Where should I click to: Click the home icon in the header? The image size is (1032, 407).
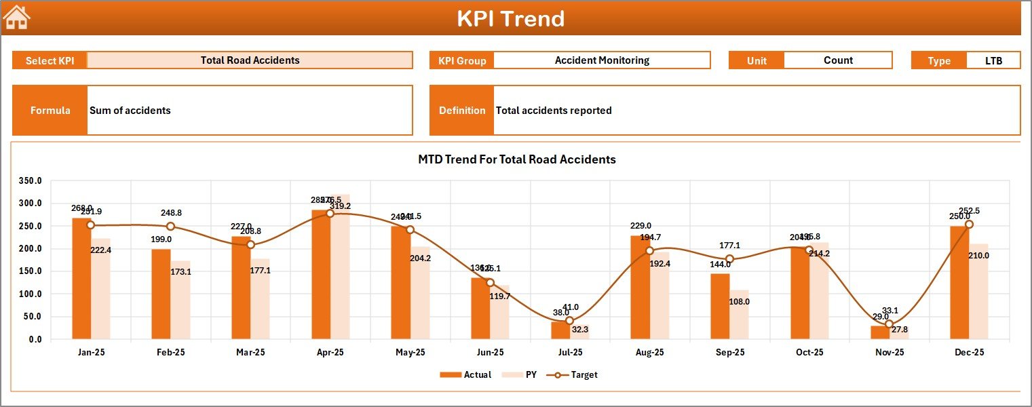pos(17,18)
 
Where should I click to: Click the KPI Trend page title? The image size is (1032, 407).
pos(510,18)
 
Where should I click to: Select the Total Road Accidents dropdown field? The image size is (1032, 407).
pos(250,60)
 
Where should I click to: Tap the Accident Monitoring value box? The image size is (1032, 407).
pos(601,60)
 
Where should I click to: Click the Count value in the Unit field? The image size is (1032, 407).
pos(838,60)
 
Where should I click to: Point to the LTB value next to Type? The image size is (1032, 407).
pos(993,60)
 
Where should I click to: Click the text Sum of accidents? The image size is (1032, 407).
pos(130,111)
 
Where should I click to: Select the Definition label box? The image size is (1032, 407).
pos(462,111)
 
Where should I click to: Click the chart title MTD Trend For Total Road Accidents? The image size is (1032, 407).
pos(516,159)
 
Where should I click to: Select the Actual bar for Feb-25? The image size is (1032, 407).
pos(161,294)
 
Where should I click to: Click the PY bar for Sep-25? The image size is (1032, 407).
pos(739,315)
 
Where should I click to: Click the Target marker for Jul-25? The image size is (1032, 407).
pos(570,321)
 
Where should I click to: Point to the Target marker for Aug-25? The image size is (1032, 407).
pos(650,251)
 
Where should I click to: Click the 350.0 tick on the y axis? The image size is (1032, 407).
pos(31,181)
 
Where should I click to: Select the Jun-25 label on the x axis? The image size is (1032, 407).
pos(490,353)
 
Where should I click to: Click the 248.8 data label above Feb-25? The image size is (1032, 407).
pos(171,213)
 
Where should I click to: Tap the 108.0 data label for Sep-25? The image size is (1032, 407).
pos(739,301)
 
